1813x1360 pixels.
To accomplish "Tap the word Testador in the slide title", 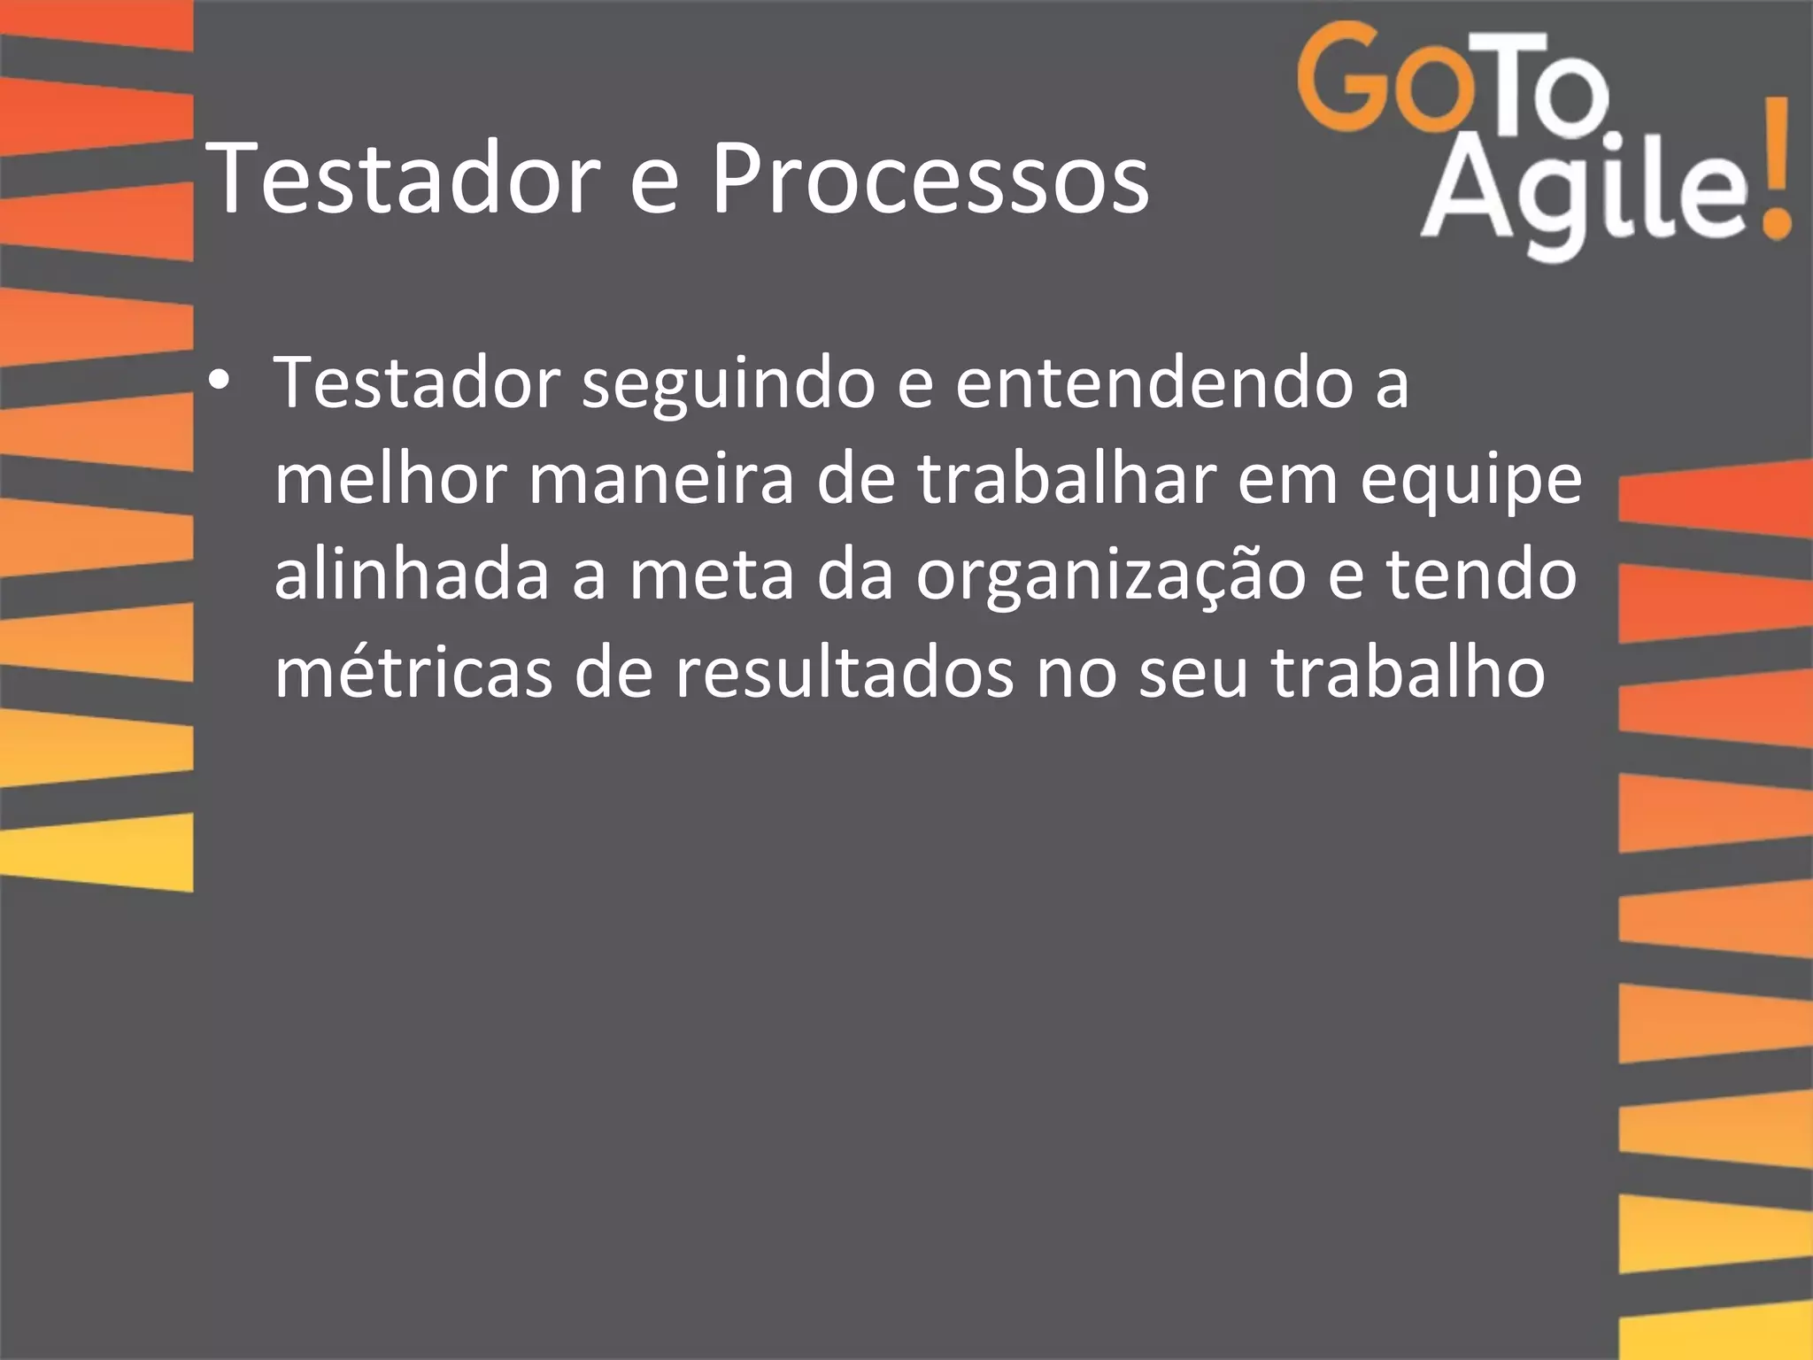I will coord(404,180).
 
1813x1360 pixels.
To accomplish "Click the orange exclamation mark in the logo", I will coord(1774,173).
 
